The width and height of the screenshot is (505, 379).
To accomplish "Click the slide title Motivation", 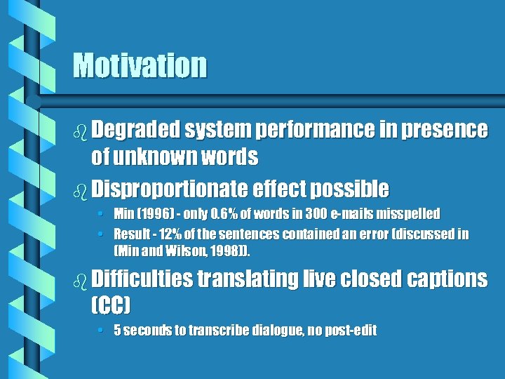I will (x=140, y=66).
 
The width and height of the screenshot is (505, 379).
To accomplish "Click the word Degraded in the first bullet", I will (x=136, y=130).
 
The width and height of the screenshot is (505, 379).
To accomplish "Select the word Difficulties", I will (x=141, y=279).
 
